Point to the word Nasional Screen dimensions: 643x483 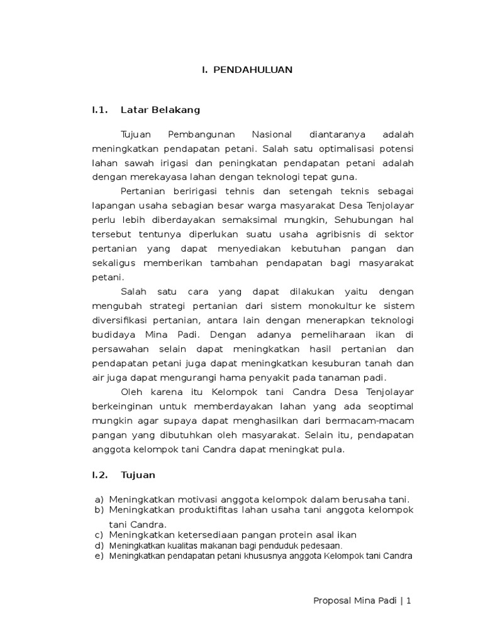point(272,134)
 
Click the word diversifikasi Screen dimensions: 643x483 point(120,320)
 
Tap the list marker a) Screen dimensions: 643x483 point(99,499)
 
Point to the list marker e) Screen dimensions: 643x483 point(99,556)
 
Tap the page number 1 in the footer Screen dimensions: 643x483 point(409,601)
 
